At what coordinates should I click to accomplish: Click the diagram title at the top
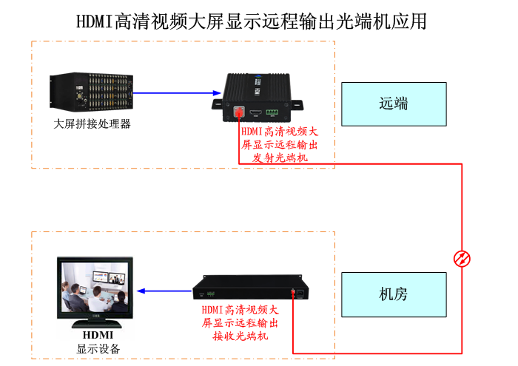[x=252, y=20]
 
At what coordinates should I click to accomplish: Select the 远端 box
[x=394, y=104]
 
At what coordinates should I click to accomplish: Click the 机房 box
[x=394, y=294]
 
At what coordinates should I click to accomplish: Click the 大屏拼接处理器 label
[x=92, y=124]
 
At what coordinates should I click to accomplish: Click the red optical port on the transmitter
[x=238, y=112]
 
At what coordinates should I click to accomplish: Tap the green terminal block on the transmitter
[x=272, y=113]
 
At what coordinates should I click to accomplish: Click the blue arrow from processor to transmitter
[x=178, y=93]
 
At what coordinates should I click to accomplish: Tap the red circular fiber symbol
[x=462, y=258]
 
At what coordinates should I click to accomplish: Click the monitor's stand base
[x=95, y=323]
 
